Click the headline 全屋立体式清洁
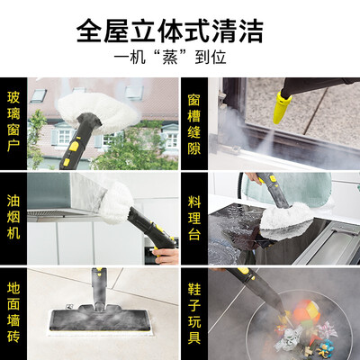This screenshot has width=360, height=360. pyautogui.click(x=170, y=31)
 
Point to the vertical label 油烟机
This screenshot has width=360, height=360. pyautogui.click(x=13, y=217)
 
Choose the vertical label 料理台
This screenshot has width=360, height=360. pyautogui.click(x=194, y=218)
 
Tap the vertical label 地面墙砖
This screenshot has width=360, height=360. pyautogui.click(x=13, y=312)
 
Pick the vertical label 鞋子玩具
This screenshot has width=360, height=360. pyautogui.click(x=194, y=313)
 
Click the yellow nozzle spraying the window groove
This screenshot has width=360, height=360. pyautogui.click(x=282, y=107)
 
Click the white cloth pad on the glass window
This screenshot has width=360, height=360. pyautogui.click(x=96, y=110)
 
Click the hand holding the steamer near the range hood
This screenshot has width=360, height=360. pyautogui.click(x=166, y=256)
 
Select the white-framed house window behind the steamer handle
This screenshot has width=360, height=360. pyautogui.click(x=64, y=136)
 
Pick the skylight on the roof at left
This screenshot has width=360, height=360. pyautogui.click(x=38, y=95)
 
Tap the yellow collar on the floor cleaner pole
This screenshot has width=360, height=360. pyautogui.click(x=98, y=273)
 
